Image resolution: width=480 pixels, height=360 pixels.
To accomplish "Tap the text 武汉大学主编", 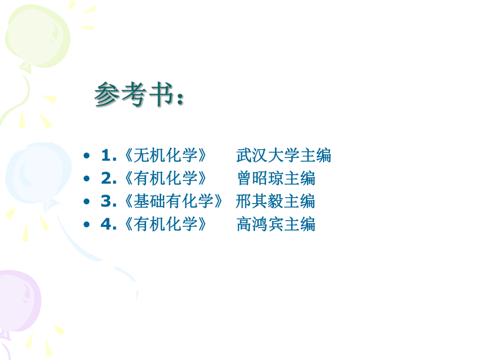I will coord(283,155).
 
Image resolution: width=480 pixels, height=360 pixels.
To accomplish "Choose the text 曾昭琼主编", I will coord(275,178).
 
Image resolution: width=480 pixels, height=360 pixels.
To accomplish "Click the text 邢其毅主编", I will coord(275,201).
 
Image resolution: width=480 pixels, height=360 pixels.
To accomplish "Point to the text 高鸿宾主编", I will coord(275,224).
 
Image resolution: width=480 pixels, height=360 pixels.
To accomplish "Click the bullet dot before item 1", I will coord(87,156).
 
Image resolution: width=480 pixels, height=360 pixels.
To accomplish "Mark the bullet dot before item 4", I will coord(87,225).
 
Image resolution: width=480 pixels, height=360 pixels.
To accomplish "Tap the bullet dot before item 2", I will coord(87,179).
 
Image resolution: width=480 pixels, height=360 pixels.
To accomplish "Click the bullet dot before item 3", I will coord(87,202).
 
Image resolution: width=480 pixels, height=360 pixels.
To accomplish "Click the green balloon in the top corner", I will coord(37,34).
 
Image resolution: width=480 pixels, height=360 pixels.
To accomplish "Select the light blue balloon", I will coord(31,172).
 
